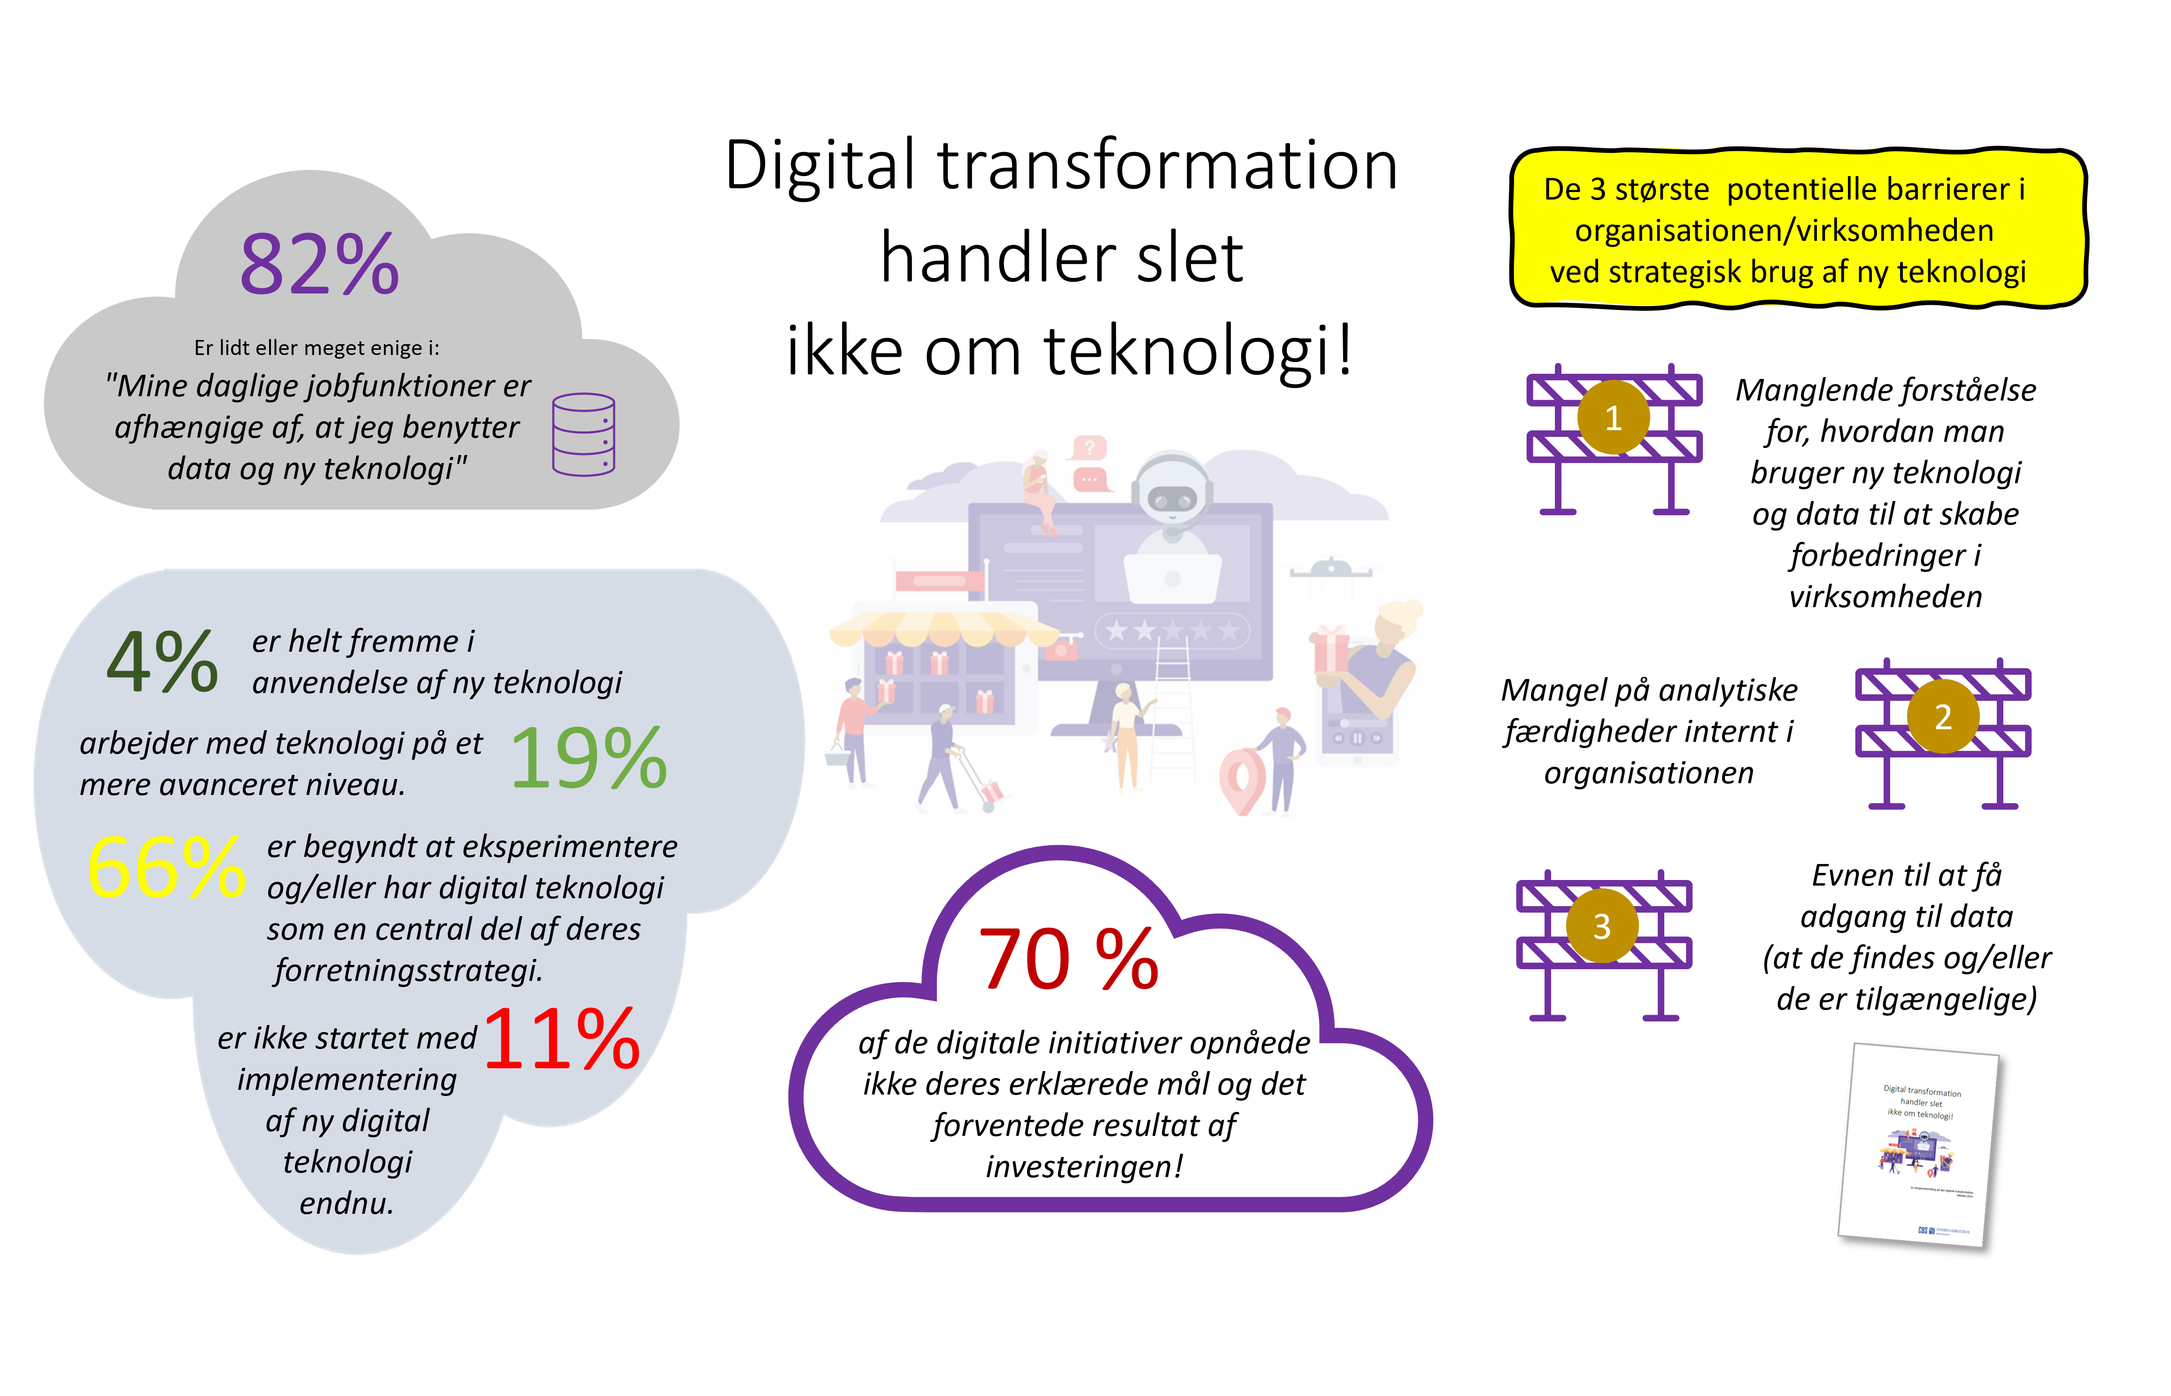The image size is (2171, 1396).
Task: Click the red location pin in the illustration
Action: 1241,781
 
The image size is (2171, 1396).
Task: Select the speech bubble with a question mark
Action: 1089,447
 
